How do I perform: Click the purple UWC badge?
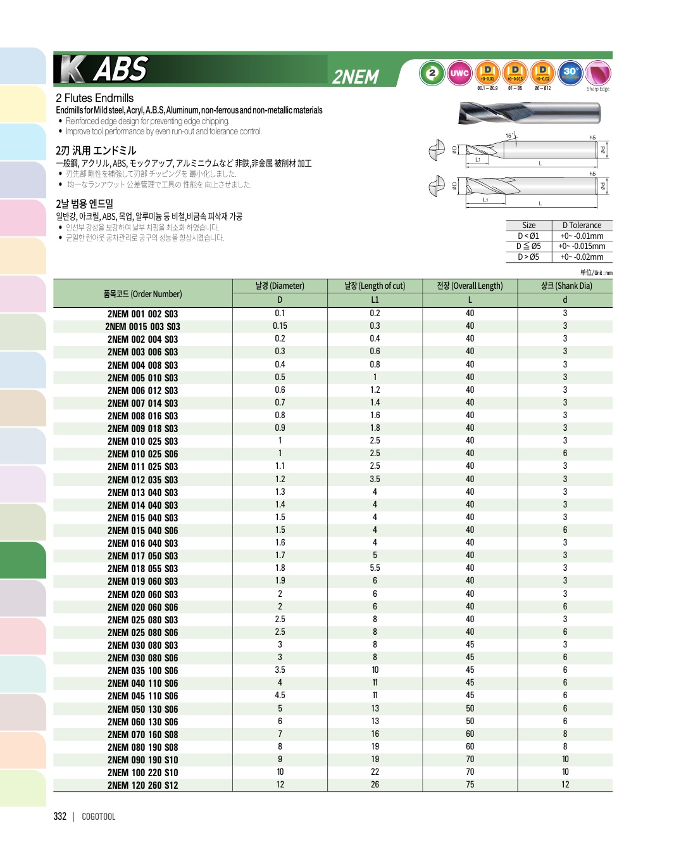pyautogui.click(x=459, y=73)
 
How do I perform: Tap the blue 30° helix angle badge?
pyautogui.click(x=570, y=73)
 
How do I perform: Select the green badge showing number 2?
pyautogui.click(x=432, y=73)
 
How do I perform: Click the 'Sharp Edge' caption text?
pyautogui.click(x=597, y=89)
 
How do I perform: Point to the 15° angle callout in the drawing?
pyautogui.click(x=509, y=136)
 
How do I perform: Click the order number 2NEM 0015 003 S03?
pyautogui.click(x=142, y=327)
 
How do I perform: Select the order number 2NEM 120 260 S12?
pyautogui.click(x=142, y=786)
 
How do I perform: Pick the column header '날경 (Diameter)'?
pyautogui.click(x=280, y=286)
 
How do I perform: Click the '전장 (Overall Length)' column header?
pyautogui.click(x=470, y=286)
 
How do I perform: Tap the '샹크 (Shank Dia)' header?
pyautogui.click(x=565, y=286)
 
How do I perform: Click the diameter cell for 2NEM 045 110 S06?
pyautogui.click(x=280, y=696)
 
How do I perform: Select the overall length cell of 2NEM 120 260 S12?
pyautogui.click(x=470, y=785)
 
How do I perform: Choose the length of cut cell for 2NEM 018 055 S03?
pyautogui.click(x=375, y=568)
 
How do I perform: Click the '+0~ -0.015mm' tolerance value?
pyautogui.click(x=582, y=246)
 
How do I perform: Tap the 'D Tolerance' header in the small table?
pyautogui.click(x=582, y=226)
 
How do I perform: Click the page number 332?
pyautogui.click(x=60, y=817)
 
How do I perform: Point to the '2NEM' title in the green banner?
pyautogui.click(x=356, y=77)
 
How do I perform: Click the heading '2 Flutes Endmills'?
pyautogui.click(x=95, y=98)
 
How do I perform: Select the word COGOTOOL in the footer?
pyautogui.click(x=99, y=817)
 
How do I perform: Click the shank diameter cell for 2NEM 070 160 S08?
pyautogui.click(x=565, y=734)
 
